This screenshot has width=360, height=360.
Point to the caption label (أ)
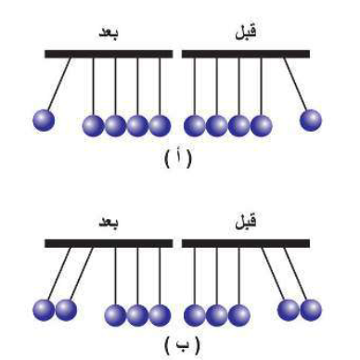click(x=179, y=158)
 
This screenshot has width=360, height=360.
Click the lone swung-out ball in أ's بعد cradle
click(x=44, y=120)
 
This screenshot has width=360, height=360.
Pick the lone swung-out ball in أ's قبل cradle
click(x=311, y=120)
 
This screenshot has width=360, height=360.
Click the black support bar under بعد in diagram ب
click(x=109, y=244)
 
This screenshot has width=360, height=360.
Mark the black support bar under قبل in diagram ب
click(x=246, y=244)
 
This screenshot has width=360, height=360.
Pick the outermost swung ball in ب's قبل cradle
click(x=310, y=308)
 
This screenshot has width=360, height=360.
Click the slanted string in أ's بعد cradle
click(x=58, y=85)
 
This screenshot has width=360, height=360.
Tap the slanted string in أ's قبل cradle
click(x=295, y=85)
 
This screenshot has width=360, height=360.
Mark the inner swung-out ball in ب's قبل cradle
click(x=288, y=308)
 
